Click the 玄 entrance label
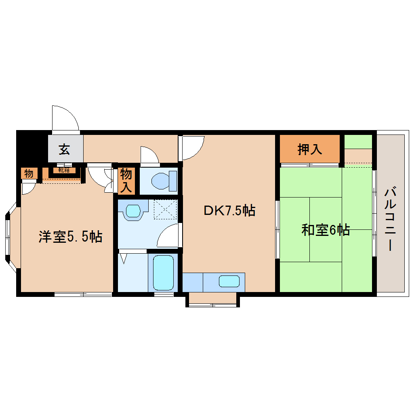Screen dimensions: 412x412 point(65,149)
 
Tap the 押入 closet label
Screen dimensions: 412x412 point(309,149)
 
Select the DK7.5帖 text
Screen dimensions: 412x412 point(229,210)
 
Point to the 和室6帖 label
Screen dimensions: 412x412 point(325,230)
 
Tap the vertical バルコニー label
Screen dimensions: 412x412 point(390,219)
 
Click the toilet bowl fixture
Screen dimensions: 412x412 point(163,181)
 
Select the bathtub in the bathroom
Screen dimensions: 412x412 point(163,273)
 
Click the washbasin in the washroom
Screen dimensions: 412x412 point(132,211)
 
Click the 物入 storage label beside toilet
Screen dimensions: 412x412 point(126,181)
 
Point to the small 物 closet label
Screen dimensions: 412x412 point(29,174)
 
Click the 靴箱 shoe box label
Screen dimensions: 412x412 point(63,170)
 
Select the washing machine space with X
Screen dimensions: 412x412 point(165,210)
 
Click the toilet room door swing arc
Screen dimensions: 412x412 point(149,155)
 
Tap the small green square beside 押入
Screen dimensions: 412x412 point(358,142)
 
